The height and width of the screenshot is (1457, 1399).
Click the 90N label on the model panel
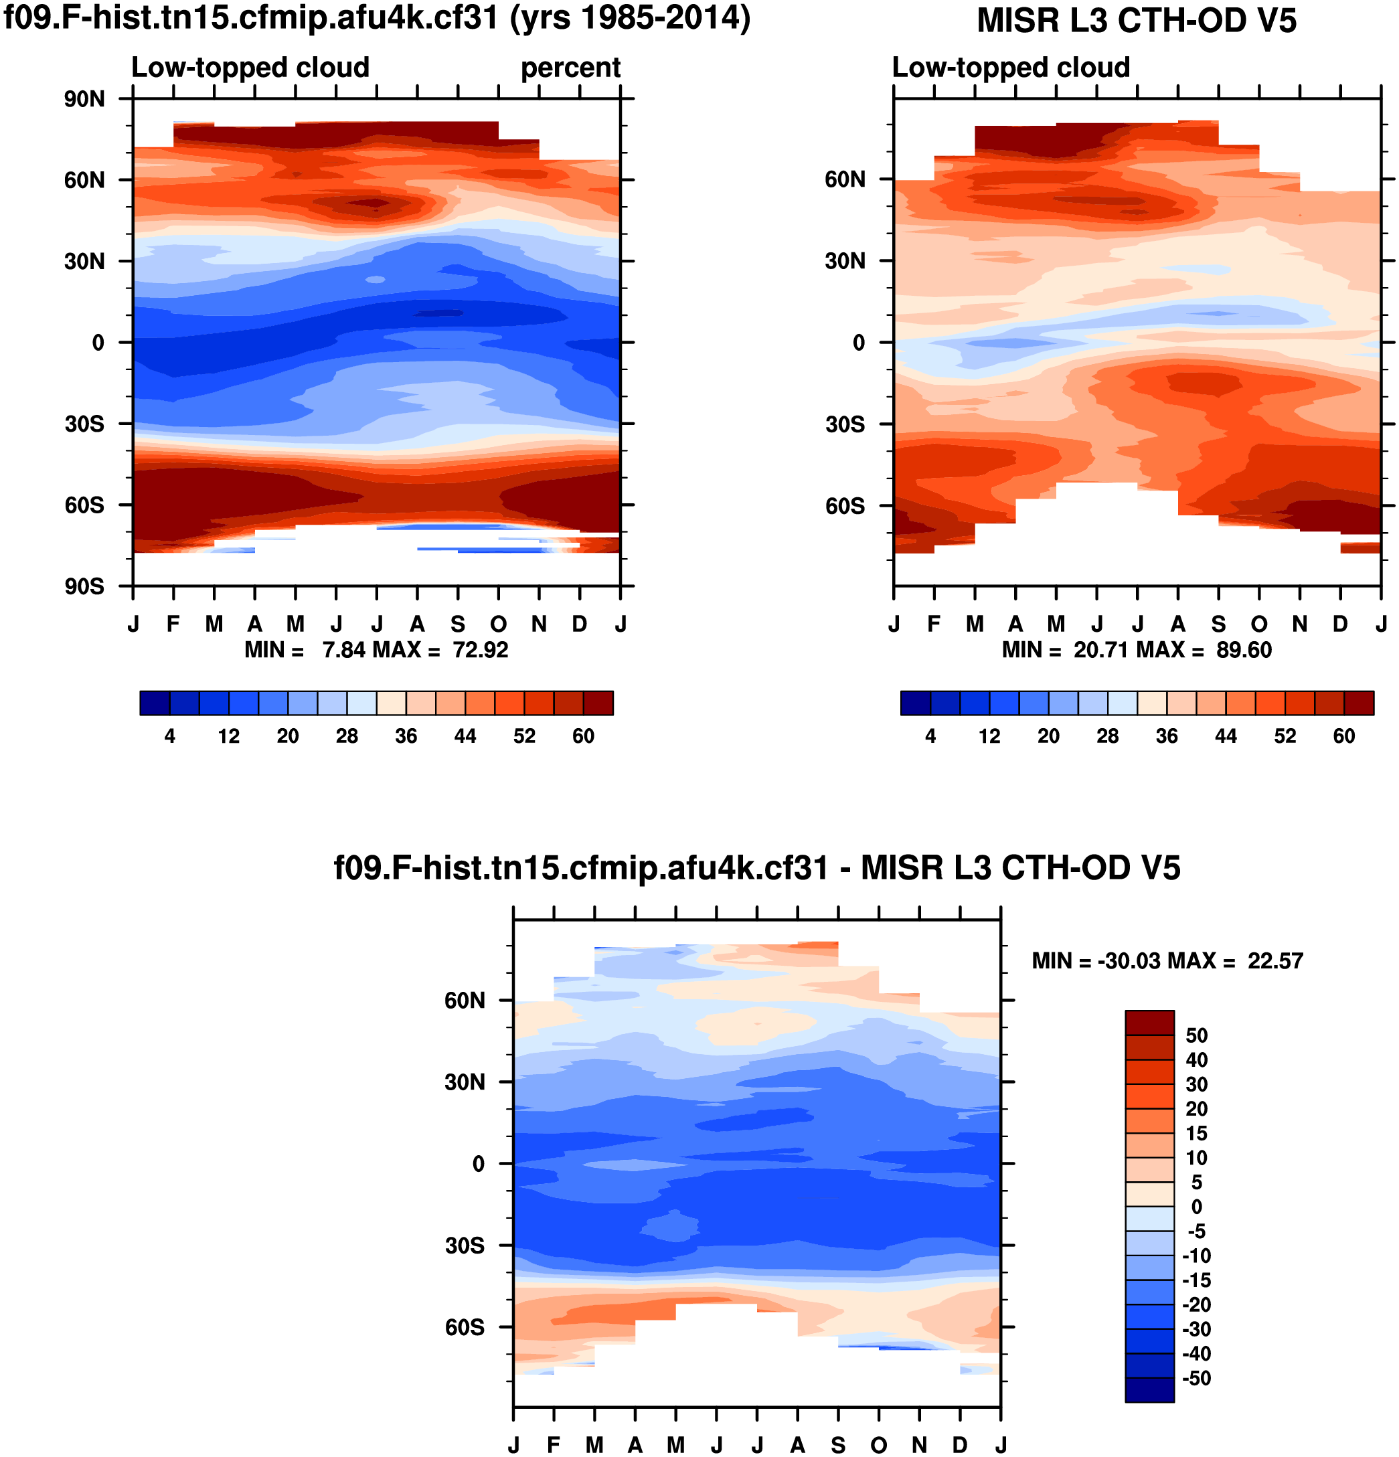[x=84, y=99]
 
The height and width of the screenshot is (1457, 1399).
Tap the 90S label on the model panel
[x=84, y=586]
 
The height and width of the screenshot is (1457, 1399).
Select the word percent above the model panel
[x=570, y=68]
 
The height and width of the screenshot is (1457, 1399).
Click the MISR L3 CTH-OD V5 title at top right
[x=1137, y=21]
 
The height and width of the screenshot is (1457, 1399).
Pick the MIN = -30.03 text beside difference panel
[x=1096, y=960]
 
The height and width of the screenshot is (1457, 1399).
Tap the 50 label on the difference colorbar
[x=1196, y=1035]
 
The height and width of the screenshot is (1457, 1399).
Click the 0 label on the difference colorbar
[x=1196, y=1207]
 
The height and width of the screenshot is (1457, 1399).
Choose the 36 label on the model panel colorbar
[x=406, y=736]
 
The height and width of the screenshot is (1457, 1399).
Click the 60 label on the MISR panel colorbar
[x=1343, y=736]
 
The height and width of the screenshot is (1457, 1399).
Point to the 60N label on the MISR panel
[x=845, y=179]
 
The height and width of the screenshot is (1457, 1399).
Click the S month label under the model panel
[x=457, y=624]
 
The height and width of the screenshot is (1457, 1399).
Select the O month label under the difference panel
[x=879, y=1444]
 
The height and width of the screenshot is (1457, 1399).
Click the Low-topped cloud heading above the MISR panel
[x=1010, y=68]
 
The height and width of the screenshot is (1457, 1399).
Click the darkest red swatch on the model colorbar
[x=598, y=703]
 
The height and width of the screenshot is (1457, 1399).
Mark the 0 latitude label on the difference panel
[x=479, y=1163]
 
